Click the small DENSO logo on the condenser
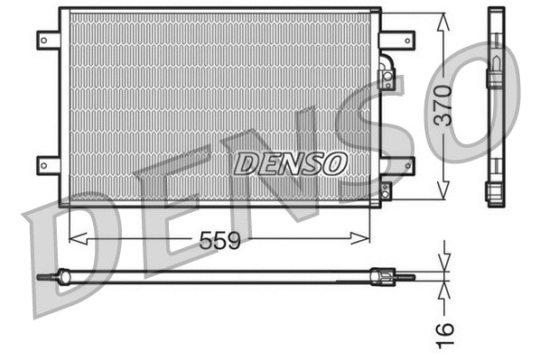pos(291,162)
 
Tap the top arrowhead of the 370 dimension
pos(442,21)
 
